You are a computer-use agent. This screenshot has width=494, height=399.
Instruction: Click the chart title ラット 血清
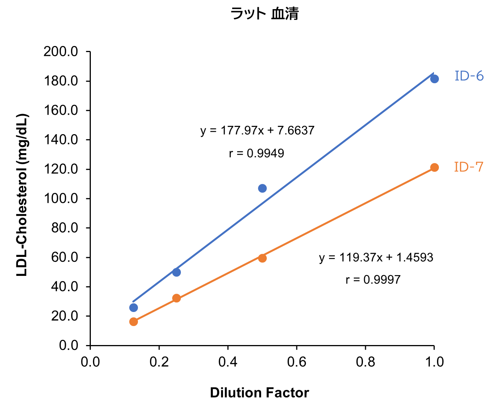(264, 14)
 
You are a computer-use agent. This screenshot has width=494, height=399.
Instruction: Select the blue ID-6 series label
(469, 76)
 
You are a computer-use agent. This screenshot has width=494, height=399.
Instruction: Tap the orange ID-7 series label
(469, 167)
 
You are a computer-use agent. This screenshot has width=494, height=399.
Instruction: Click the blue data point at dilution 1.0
(434, 79)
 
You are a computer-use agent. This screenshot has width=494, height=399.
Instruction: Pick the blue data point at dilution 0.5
(262, 188)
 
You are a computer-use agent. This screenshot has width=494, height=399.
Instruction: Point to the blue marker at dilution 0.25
(176, 272)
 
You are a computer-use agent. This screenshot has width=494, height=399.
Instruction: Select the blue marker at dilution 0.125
(133, 307)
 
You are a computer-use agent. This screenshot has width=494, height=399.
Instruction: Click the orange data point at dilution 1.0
(434, 168)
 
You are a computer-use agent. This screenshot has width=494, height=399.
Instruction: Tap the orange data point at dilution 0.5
(262, 258)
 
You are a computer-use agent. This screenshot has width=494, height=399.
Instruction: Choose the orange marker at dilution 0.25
(176, 298)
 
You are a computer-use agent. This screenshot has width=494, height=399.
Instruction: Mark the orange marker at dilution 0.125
(133, 321)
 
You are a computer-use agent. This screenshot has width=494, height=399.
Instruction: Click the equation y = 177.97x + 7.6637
(257, 131)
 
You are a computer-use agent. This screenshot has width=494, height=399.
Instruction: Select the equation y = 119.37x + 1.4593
(376, 258)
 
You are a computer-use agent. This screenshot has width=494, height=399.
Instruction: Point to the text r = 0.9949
(256, 154)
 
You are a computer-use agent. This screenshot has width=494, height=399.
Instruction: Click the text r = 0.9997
(373, 280)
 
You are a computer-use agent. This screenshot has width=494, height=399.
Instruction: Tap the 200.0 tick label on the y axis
(61, 51)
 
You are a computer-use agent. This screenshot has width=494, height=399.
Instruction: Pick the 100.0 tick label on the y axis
(61, 198)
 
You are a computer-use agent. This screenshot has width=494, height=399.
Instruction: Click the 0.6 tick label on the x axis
(296, 362)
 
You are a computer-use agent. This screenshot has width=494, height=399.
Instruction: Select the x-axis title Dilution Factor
(260, 393)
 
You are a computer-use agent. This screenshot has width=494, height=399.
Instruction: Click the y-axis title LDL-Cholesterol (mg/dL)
(22, 195)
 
